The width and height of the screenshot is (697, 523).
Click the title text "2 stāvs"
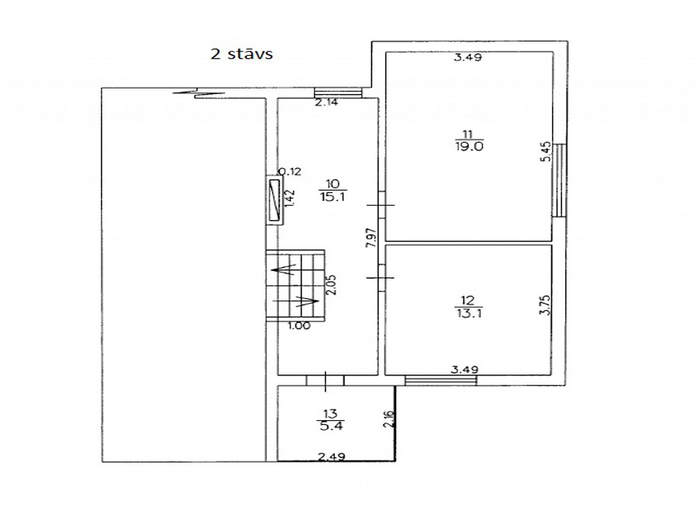[x=242, y=54]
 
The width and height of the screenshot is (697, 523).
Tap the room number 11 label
[x=468, y=134]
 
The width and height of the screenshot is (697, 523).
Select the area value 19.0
[x=469, y=146]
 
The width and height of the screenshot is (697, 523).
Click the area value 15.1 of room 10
[x=332, y=196]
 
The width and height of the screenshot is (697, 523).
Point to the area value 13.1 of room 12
[x=469, y=313]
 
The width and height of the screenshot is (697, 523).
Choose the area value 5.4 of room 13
[x=331, y=426]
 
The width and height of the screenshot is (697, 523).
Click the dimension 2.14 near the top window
[x=326, y=102]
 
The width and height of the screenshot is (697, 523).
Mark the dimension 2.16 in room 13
[x=389, y=419]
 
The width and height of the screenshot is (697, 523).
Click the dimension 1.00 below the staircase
[x=299, y=326]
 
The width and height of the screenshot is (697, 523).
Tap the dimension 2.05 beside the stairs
[x=331, y=285]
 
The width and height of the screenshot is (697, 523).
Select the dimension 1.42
[x=289, y=198]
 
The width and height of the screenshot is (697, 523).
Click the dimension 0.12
[x=290, y=171]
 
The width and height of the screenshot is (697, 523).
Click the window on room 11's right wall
[x=560, y=180]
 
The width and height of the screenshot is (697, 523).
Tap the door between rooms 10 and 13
[x=325, y=381]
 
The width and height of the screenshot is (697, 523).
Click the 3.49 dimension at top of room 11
[x=468, y=57]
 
